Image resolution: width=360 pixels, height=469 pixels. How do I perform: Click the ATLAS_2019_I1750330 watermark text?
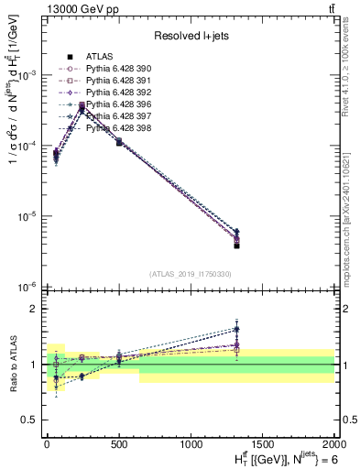(189, 274)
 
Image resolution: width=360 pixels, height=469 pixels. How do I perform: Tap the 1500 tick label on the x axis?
(262, 442)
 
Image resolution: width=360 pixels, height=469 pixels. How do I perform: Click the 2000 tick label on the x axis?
(333, 442)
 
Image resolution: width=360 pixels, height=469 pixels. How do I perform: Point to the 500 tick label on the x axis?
(118, 442)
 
